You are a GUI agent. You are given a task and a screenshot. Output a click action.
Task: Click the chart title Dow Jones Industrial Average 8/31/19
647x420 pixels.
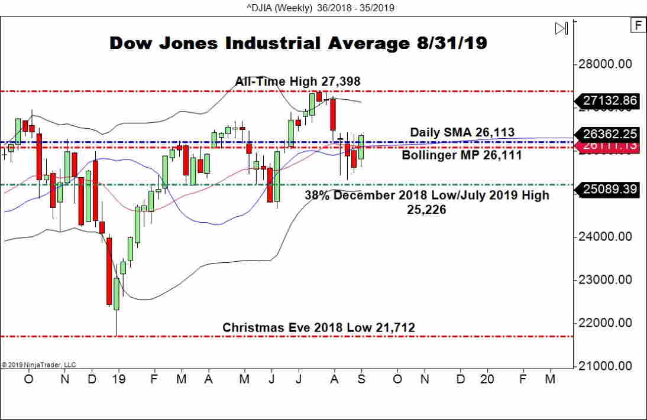pyautogui.click(x=298, y=44)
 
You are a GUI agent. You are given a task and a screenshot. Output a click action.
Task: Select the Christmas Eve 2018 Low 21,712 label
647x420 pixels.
pyautogui.click(x=319, y=327)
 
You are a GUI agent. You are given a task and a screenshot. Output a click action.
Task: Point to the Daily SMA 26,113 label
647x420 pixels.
pyautogui.click(x=462, y=132)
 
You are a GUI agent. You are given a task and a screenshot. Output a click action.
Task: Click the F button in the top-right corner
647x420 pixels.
pyautogui.click(x=638, y=25)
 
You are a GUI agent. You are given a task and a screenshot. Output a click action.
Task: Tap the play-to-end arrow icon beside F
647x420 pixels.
pyautogui.click(x=561, y=28)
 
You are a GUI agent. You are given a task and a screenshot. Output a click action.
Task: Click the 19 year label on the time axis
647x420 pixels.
pyautogui.click(x=119, y=379)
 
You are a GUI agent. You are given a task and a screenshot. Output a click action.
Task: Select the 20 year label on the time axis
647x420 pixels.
pyautogui.click(x=487, y=379)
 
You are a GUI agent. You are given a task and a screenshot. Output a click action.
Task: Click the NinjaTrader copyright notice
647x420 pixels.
pyautogui.click(x=39, y=365)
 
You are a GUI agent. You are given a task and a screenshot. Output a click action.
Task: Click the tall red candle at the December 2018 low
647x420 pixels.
pyautogui.click(x=109, y=271)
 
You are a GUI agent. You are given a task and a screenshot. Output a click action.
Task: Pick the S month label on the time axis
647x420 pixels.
pyautogui.click(x=361, y=379)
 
